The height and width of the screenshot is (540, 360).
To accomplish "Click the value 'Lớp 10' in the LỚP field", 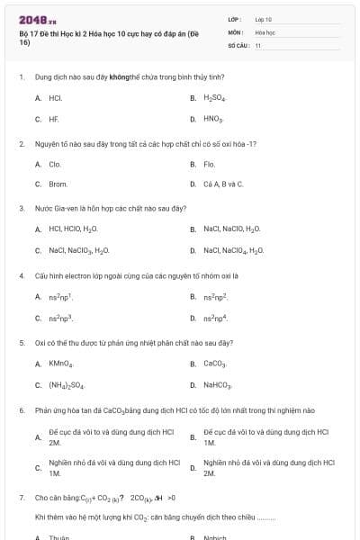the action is coord(264,18).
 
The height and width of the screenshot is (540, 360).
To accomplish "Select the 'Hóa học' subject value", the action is coord(265,31).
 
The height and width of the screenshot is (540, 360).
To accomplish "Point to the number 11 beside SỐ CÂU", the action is coord(258,45).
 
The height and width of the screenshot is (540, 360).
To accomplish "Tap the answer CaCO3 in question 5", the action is coord(214,364).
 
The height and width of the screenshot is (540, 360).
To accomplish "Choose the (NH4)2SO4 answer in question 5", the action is coord(67,385).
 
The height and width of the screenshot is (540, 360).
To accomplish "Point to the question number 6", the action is coord(21,409).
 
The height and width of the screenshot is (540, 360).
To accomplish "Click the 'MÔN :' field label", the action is coord(237,31).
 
